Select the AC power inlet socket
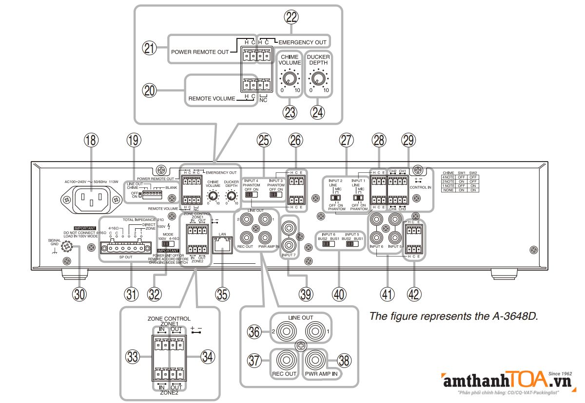click(91, 199)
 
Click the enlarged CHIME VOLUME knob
click(289, 79)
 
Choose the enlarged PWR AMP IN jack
click(318, 361)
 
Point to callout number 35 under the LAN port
click(222, 293)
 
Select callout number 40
click(338, 293)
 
